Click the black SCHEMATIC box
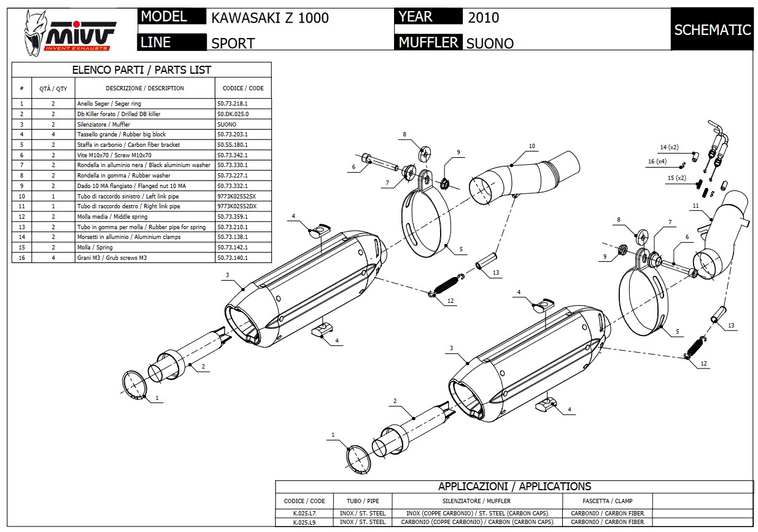coord(712,29)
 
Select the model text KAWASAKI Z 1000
coord(270,18)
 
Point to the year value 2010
coord(483,17)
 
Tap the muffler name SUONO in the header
coord(490,43)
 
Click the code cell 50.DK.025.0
coord(233,114)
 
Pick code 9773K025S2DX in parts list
coord(237,206)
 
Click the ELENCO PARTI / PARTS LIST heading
coord(141,70)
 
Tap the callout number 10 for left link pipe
coord(532,146)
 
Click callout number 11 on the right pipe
coord(695,205)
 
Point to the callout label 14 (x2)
coord(669,147)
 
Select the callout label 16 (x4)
coord(657,162)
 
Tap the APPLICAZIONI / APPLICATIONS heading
coord(514,487)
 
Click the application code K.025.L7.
coord(304,513)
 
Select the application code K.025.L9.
coord(304,522)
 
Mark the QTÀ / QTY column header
coord(53,88)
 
